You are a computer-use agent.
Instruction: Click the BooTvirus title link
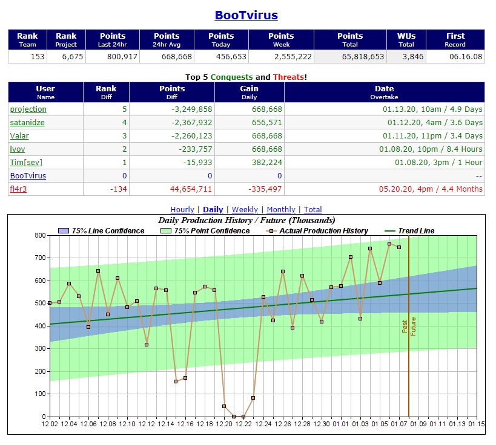(x=246, y=16)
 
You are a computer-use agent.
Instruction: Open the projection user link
(x=28, y=109)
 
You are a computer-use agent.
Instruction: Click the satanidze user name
(x=27, y=123)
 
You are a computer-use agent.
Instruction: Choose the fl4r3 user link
(x=19, y=189)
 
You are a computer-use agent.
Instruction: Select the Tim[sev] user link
(x=26, y=163)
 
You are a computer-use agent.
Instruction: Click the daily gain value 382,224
(x=264, y=163)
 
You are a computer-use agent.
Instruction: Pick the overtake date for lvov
(x=431, y=149)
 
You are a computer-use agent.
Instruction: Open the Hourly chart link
(x=182, y=210)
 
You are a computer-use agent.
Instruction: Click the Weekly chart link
(x=245, y=210)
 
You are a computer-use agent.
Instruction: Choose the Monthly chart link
(x=281, y=210)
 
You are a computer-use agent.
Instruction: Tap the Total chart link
(x=312, y=210)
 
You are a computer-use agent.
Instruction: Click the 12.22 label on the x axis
(x=243, y=424)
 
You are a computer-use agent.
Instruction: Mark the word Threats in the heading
(x=288, y=77)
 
